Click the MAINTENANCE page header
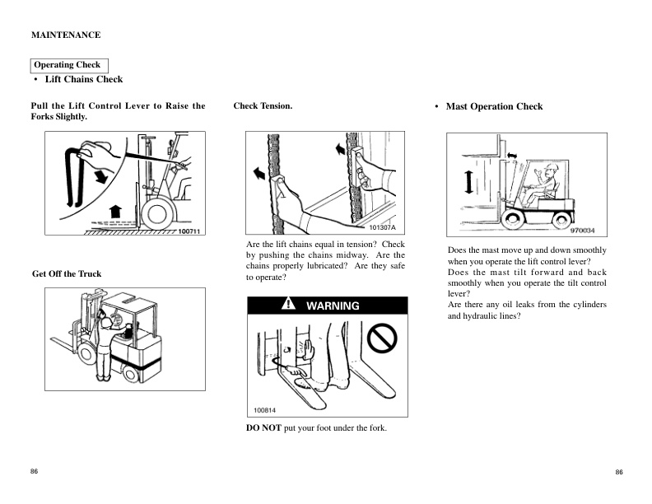66,35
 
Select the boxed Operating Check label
68,65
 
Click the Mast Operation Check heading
494,106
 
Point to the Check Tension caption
263,105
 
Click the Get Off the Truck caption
67,273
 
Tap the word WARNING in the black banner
333,306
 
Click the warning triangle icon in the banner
288,305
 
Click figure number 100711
189,231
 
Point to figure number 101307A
383,227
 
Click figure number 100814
265,409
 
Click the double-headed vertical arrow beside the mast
469,180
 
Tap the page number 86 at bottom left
35,470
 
